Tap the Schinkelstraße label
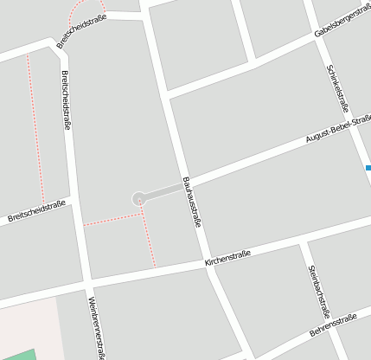(x=337, y=88)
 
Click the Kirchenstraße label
(x=227, y=257)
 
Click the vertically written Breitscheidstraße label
(x=66, y=101)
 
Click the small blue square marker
(x=368, y=167)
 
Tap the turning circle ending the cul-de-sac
(x=138, y=199)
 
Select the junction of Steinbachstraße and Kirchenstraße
(x=302, y=241)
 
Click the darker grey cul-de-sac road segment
(x=164, y=191)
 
